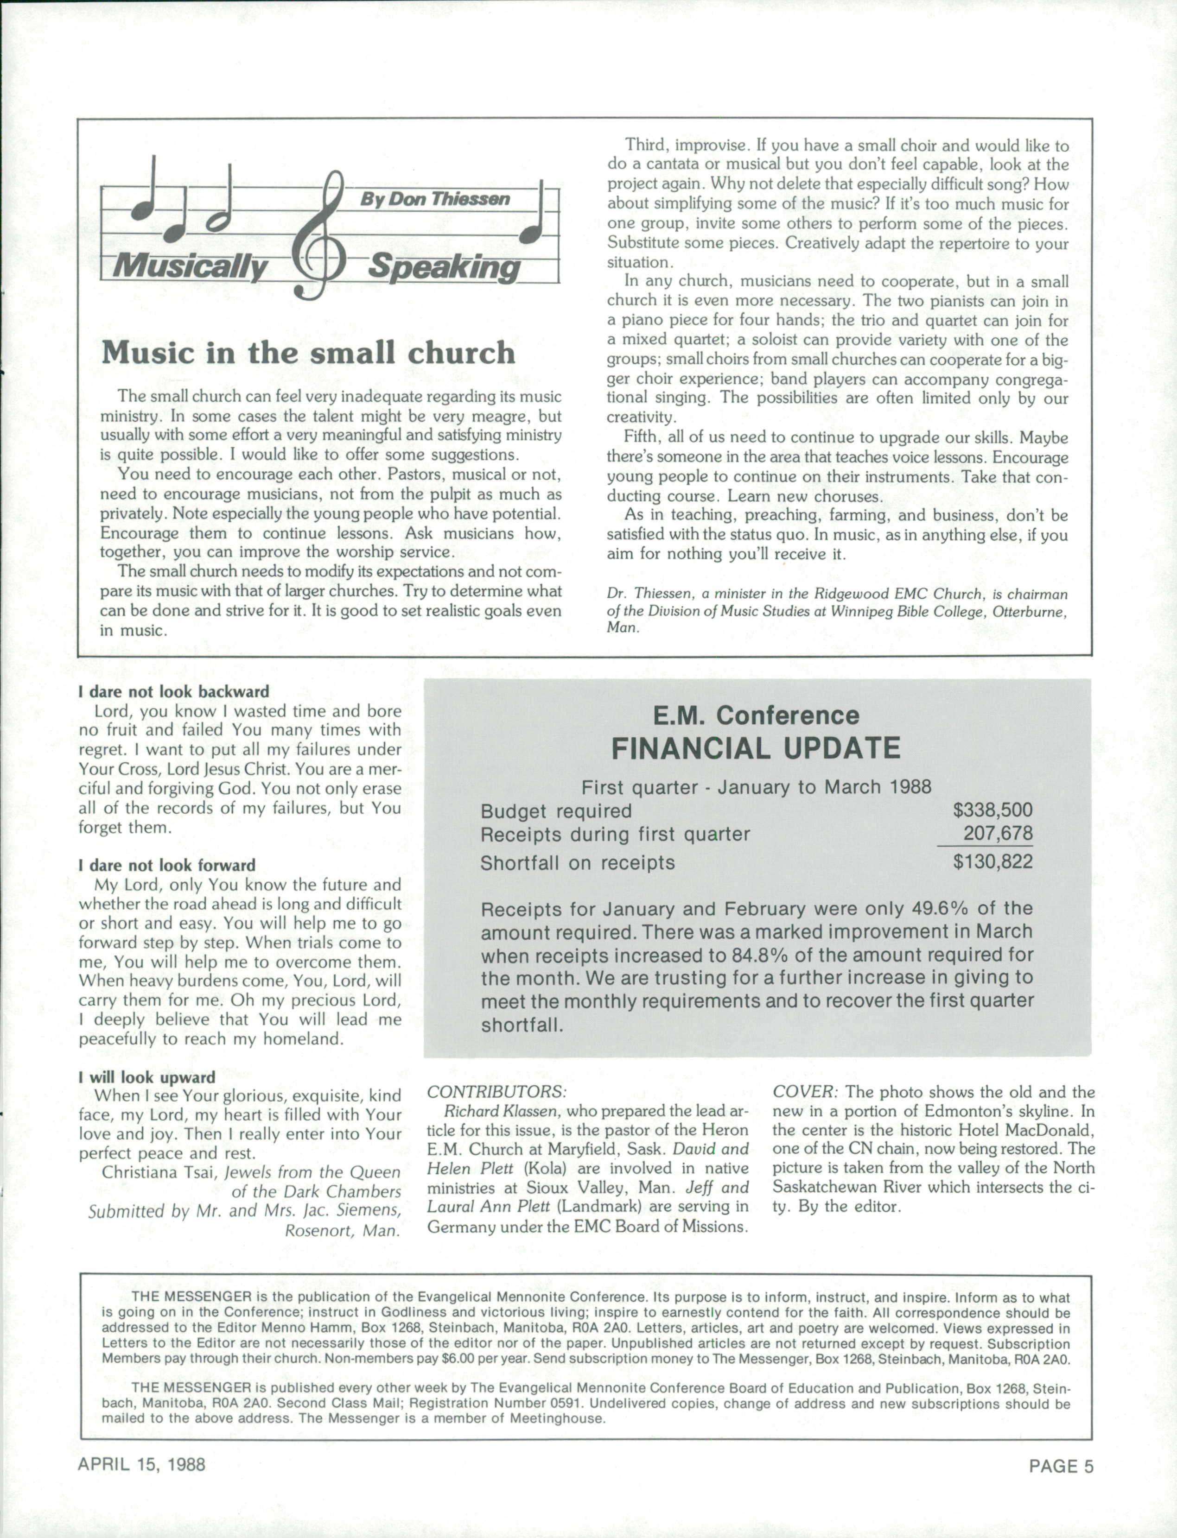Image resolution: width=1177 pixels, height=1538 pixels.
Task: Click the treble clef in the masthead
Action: (323, 238)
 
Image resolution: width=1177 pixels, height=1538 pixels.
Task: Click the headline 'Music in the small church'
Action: (308, 352)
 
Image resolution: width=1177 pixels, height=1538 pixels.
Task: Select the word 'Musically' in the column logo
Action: (191, 267)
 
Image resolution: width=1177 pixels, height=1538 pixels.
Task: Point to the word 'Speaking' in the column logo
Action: (444, 267)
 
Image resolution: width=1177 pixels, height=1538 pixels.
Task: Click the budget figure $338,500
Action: (992, 810)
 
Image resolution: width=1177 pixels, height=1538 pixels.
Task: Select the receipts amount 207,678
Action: (998, 834)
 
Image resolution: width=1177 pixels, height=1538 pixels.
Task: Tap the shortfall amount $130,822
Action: (992, 861)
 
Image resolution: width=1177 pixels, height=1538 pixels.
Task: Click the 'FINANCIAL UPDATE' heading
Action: (756, 749)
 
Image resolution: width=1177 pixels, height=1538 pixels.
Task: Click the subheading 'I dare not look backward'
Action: (174, 691)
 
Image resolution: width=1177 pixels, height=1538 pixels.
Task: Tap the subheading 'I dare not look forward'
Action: (167, 865)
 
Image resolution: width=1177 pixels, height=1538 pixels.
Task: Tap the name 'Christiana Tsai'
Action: (160, 1172)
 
